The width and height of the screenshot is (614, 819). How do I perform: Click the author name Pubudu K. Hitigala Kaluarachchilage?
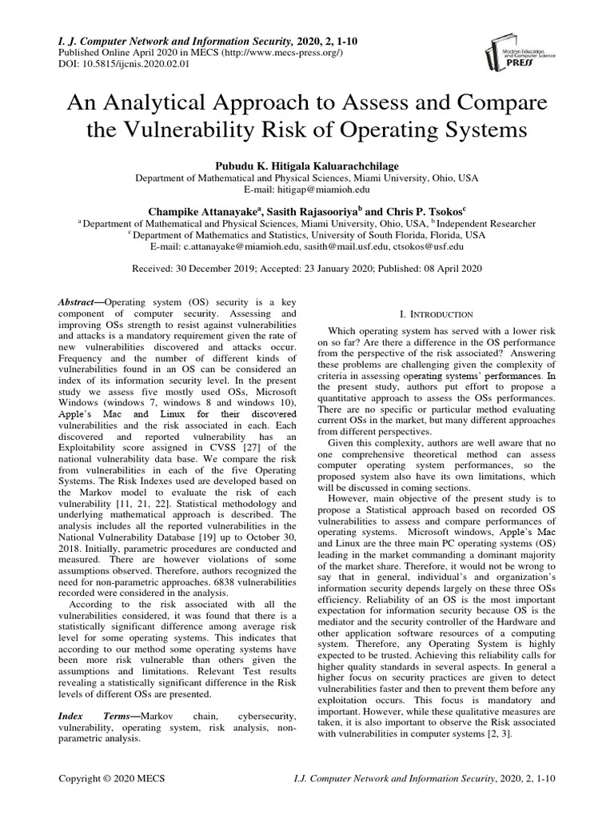tap(306, 163)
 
